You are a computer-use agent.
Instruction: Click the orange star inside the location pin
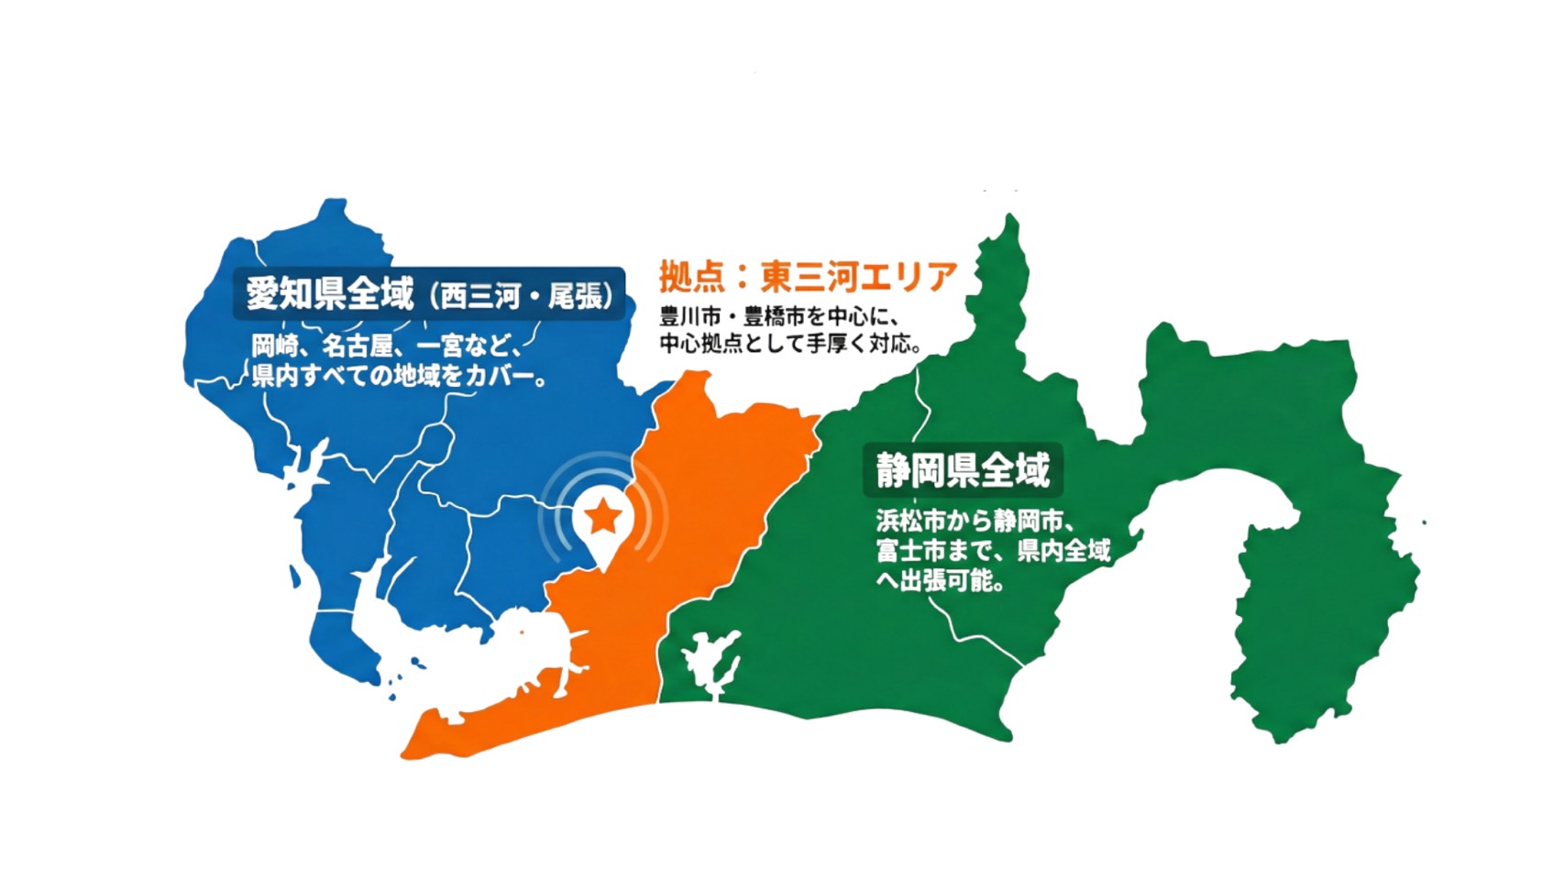click(x=603, y=518)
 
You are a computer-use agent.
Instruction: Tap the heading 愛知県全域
click(x=329, y=294)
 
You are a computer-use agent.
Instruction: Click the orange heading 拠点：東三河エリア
click(x=808, y=276)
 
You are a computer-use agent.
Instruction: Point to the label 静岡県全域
click(x=962, y=470)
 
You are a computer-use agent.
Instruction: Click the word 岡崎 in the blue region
click(x=275, y=347)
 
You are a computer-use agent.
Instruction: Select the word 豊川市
click(x=690, y=318)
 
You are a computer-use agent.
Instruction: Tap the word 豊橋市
click(x=775, y=318)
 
